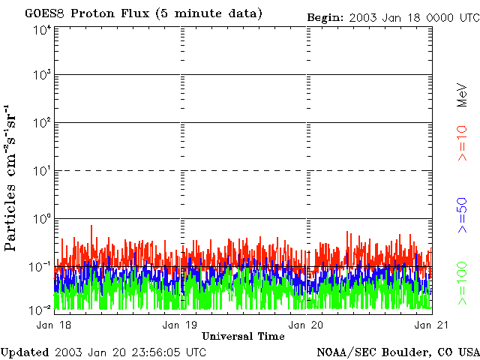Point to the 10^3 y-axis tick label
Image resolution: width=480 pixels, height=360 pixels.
[41, 75]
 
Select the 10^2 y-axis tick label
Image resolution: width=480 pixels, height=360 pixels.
[41, 122]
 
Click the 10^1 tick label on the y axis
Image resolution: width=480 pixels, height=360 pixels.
[41, 170]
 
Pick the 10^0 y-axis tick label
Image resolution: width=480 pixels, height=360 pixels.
[41, 218]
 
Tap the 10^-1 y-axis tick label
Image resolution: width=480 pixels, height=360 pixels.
[40, 266]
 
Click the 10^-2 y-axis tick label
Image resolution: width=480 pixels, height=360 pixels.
[40, 309]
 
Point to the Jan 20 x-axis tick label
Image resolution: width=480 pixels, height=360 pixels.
[307, 325]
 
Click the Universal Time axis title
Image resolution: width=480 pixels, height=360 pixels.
[244, 336]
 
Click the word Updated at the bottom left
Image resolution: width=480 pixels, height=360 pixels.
[25, 352]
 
